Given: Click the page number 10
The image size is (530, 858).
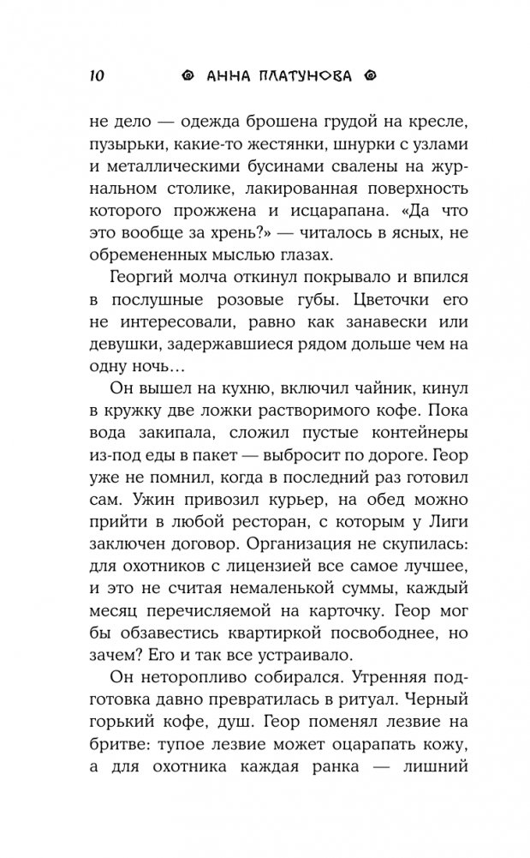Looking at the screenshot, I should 95,75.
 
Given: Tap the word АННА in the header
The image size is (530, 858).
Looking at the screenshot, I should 233,75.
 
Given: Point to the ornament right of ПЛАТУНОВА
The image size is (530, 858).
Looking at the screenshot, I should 371,75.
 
